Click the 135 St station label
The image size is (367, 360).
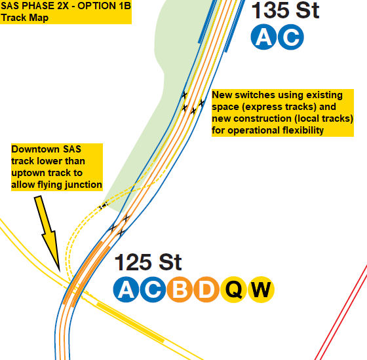tap(285, 10)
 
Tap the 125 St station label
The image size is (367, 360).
tap(148, 262)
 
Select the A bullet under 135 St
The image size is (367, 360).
tap(263, 37)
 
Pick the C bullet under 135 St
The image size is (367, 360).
tap(291, 37)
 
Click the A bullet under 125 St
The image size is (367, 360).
tap(126, 289)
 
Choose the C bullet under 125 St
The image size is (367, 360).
tap(153, 289)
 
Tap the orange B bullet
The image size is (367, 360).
tap(180, 289)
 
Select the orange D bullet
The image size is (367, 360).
tap(206, 289)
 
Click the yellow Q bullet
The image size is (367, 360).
tap(233, 289)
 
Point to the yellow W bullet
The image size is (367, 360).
tap(261, 289)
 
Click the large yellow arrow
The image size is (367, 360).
tap(48, 232)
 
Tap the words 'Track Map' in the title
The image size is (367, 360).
tap(25, 18)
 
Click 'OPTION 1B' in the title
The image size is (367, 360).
tap(104, 6)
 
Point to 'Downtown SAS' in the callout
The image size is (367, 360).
tap(46, 149)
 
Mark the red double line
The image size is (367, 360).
tap(341, 312)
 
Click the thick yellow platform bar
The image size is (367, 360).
tap(130, 322)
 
